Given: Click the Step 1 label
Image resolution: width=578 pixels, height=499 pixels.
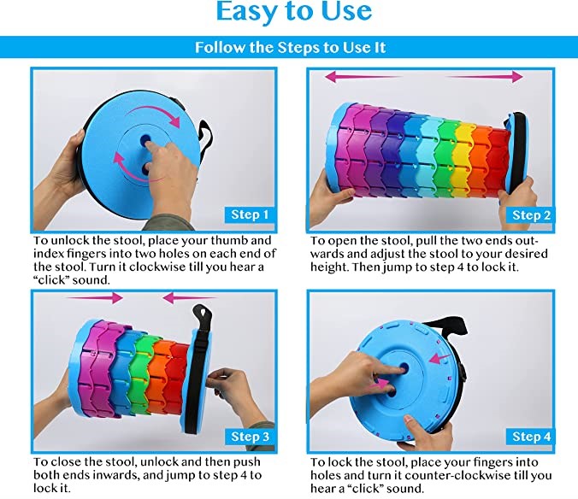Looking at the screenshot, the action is tap(250, 214).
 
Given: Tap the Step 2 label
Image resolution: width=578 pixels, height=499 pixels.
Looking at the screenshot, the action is tap(531, 215).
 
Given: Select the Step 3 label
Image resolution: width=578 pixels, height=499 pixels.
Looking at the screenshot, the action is tap(250, 437).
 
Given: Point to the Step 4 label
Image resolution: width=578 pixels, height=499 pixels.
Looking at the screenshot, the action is tap(531, 437).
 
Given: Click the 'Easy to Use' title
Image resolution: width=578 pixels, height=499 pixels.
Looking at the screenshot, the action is tap(294, 11).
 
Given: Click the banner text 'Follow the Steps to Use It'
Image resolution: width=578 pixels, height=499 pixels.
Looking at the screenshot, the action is tap(290, 48).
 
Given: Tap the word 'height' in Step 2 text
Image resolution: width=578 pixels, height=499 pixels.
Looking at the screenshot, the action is tap(328, 267).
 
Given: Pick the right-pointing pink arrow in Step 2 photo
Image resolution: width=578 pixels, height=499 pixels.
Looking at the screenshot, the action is tap(484, 77).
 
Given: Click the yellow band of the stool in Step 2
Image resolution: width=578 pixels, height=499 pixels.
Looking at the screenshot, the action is tap(463, 158).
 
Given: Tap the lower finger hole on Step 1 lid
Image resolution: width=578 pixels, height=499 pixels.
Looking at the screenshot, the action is tap(146, 169).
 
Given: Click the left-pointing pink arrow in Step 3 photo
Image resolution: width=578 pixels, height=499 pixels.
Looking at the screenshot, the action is tap(188, 297).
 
